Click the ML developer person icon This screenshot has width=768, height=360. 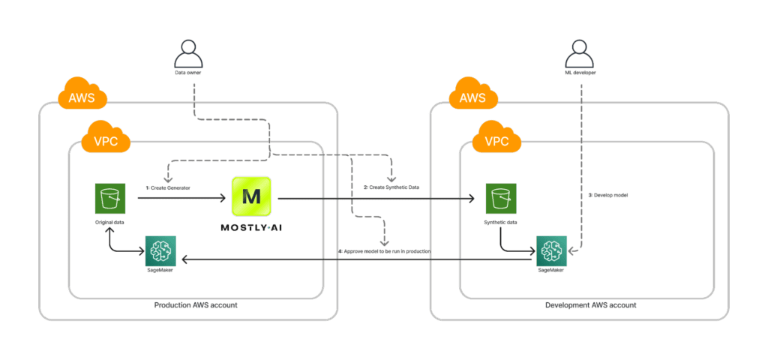[579, 55]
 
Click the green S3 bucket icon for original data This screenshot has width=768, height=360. [109, 199]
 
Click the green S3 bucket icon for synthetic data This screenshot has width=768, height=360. [499, 199]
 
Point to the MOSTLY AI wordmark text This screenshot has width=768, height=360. [253, 227]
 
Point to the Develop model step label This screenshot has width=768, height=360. [607, 195]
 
